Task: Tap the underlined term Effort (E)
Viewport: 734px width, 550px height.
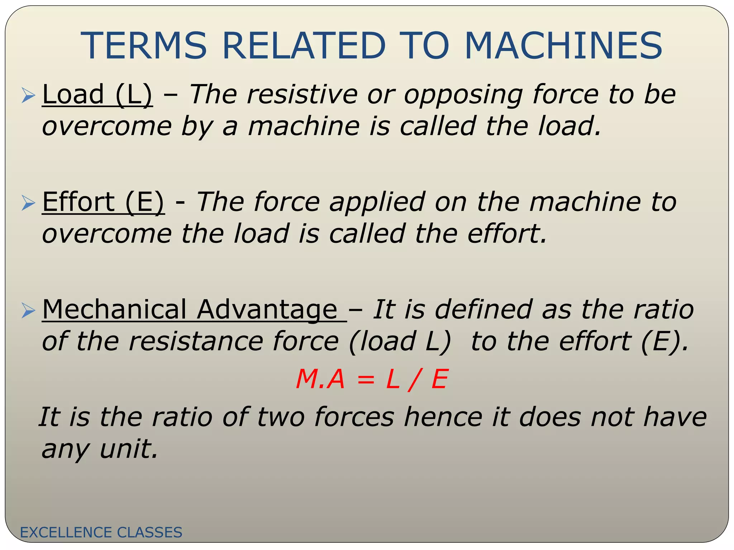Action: [103, 202]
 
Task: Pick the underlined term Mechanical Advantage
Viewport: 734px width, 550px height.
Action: [194, 309]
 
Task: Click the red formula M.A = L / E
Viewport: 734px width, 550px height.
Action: [372, 379]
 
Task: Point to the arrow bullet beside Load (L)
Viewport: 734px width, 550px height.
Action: [28, 96]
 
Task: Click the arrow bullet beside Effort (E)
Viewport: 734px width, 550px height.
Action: [28, 203]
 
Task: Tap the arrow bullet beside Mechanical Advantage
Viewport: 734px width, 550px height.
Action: [28, 310]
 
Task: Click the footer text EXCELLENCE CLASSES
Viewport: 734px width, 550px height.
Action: [101, 532]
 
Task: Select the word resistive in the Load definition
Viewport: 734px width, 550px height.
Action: [302, 95]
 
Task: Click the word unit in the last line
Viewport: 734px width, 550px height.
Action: [128, 449]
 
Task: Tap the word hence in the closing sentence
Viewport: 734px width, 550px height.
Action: [443, 417]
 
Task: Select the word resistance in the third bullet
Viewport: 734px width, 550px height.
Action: [195, 341]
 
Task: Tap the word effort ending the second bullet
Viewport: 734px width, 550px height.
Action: [507, 234]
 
